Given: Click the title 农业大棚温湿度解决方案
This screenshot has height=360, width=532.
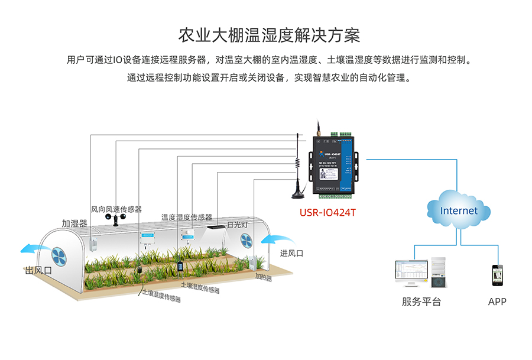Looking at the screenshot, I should point(269,34).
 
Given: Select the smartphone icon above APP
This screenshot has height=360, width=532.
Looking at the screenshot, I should point(497,275).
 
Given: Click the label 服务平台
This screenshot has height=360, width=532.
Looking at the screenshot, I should point(421,301).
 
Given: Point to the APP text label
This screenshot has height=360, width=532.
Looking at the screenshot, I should point(497,301).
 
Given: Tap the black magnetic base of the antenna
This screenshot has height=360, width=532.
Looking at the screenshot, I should point(296,193).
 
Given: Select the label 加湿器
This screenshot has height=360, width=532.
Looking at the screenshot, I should point(74,223).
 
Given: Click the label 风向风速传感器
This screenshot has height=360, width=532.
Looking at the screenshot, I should point(116,209).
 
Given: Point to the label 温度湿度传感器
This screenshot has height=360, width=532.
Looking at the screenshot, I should point(187,217).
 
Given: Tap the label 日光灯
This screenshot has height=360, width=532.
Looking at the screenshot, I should point(237,225).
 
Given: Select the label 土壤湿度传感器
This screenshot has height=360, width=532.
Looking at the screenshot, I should point(200,287).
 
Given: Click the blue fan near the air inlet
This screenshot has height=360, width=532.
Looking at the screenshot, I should point(246,240).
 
